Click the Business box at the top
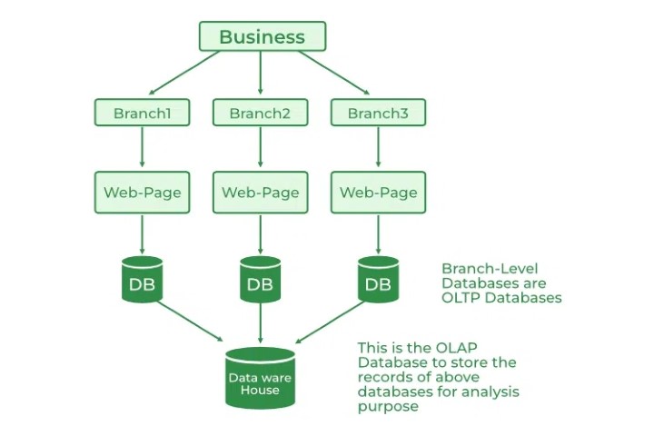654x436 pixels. click(x=262, y=36)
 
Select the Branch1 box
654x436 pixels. click(x=143, y=114)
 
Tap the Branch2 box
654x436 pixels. click(x=261, y=114)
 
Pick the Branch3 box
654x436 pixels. click(x=378, y=114)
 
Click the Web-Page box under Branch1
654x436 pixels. click(x=143, y=193)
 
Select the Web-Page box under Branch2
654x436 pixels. click(x=261, y=193)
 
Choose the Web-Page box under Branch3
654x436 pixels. click(x=378, y=193)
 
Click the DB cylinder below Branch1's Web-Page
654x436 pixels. click(x=143, y=280)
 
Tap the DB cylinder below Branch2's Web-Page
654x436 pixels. click(x=261, y=280)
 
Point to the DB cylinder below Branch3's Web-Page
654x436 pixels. click(x=378, y=280)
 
